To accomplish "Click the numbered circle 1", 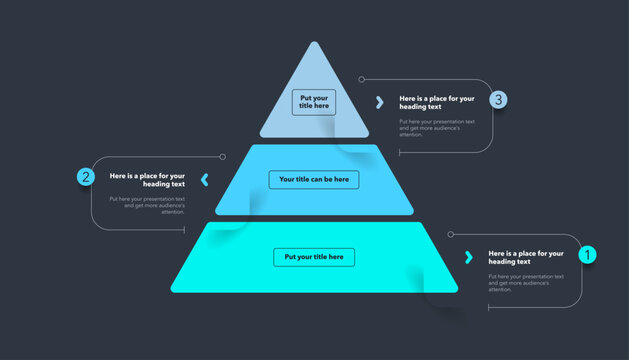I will pos(588,255).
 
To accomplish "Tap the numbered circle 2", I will pos(86,177).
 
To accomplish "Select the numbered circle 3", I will pos(499,99).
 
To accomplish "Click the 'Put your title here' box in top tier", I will pos(314,102).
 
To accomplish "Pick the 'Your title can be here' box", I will pos(314,179).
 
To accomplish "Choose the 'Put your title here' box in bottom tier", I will pos(314,257).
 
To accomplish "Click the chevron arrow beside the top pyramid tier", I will pos(379,102).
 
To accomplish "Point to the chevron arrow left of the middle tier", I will pos(205,180).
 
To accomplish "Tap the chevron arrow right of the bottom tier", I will pos(469,257).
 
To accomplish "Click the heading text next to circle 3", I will pos(436,102).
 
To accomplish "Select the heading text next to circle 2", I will pos(147,180).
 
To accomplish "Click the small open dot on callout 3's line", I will pos(362,79).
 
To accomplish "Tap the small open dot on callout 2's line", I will pos(222,156).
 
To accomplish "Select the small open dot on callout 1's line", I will pos(451,234).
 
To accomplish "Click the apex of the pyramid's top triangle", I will pos(314,43).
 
